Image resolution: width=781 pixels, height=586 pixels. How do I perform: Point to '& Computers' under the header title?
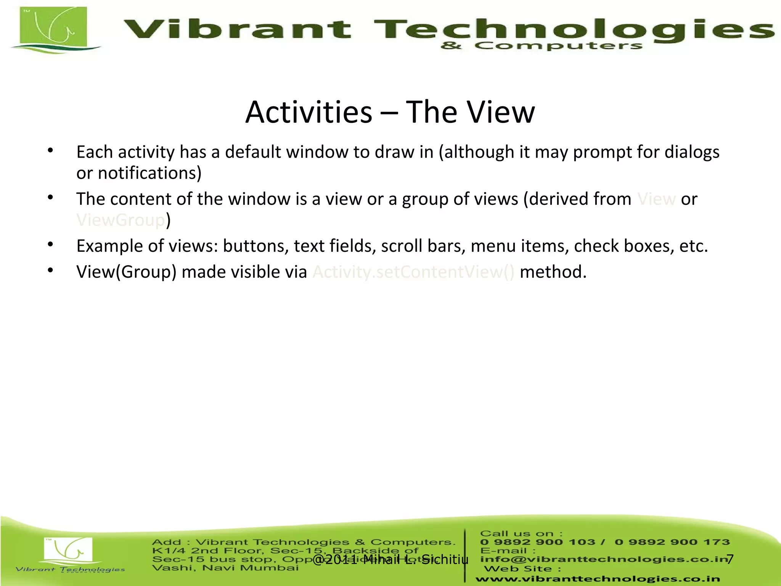tap(542, 46)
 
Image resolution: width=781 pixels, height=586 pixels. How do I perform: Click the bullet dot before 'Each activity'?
tap(50, 151)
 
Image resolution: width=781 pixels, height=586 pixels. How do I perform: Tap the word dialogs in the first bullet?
tap(692, 152)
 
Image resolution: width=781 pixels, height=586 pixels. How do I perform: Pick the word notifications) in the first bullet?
tap(149, 173)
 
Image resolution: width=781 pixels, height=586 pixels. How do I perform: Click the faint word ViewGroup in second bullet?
tap(121, 220)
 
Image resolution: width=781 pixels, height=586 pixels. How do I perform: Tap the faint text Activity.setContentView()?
tap(413, 272)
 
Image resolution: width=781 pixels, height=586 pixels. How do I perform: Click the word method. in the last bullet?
tap(553, 272)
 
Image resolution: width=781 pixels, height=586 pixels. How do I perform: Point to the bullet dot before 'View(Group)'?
tap(50, 270)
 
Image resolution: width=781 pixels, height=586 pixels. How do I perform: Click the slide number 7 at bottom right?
tap(730, 559)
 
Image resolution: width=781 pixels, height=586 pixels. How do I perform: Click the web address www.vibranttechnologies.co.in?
tap(597, 579)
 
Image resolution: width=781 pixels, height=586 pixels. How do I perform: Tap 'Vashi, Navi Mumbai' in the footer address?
tap(225, 568)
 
